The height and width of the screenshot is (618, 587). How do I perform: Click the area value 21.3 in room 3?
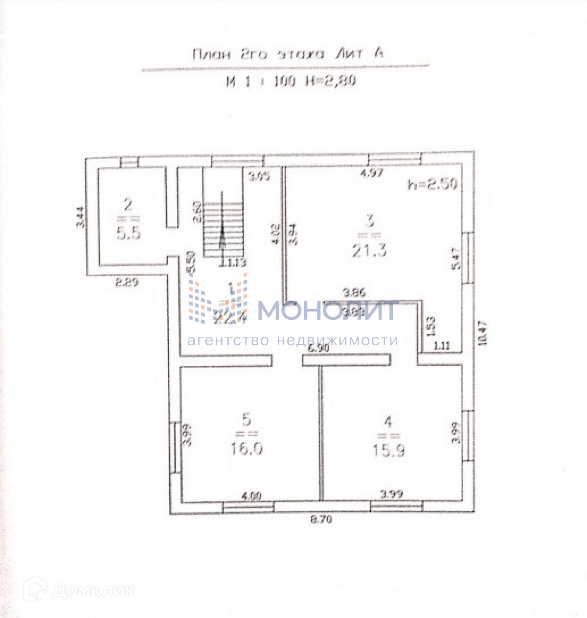tap(369, 250)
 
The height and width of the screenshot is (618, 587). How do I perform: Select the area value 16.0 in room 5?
tap(247, 448)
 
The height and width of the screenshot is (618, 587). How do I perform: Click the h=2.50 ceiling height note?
tap(433, 184)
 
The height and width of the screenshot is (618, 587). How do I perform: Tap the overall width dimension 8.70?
tap(321, 520)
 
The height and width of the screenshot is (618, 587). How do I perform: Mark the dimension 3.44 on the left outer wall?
tap(81, 217)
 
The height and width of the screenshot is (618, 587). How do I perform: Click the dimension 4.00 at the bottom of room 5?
tap(251, 496)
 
